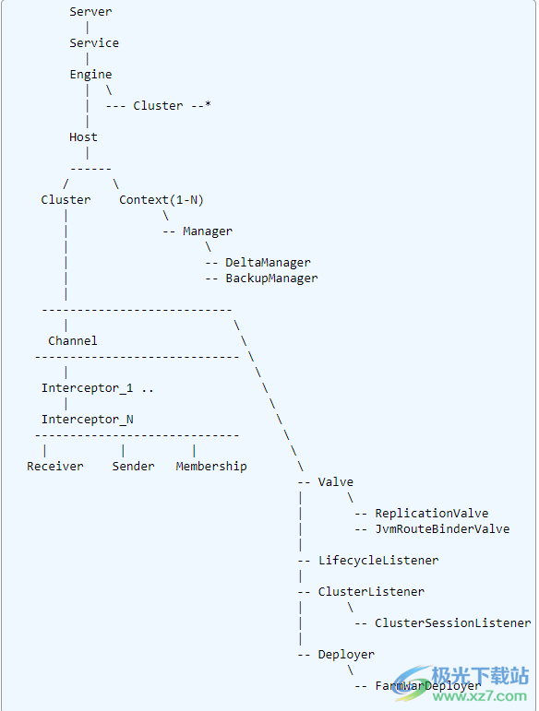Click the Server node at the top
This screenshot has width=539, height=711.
[90, 12]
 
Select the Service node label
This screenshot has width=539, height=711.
[94, 43]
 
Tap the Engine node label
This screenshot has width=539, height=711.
[90, 75]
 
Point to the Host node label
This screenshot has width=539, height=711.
[83, 137]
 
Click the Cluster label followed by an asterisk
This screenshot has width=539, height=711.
[158, 106]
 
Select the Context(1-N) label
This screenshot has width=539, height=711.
[161, 200]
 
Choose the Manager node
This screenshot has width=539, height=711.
[208, 231]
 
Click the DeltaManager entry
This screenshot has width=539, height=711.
[268, 263]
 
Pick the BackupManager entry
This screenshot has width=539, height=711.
[271, 278]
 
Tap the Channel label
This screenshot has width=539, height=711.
[73, 341]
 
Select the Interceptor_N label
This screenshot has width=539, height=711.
[87, 420]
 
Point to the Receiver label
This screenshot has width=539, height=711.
[55, 467]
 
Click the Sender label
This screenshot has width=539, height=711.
[134, 467]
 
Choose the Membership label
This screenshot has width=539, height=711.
[211, 467]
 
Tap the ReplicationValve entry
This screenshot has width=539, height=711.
[431, 514]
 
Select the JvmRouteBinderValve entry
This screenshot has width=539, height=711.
[441, 529]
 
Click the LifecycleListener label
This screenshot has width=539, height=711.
[377, 561]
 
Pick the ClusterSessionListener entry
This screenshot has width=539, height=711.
[452, 623]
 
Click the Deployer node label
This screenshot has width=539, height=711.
[346, 655]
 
